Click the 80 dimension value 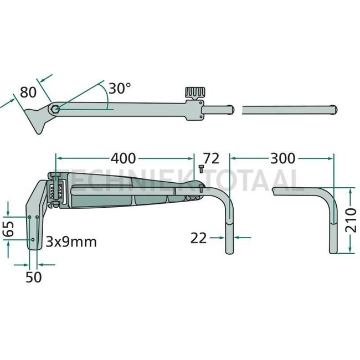click(28, 92)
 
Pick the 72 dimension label click(212, 159)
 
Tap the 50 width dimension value click(34, 277)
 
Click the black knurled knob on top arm click(194, 92)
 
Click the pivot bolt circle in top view click(54, 109)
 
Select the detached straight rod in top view click(287, 109)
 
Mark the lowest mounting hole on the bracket click(33, 239)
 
